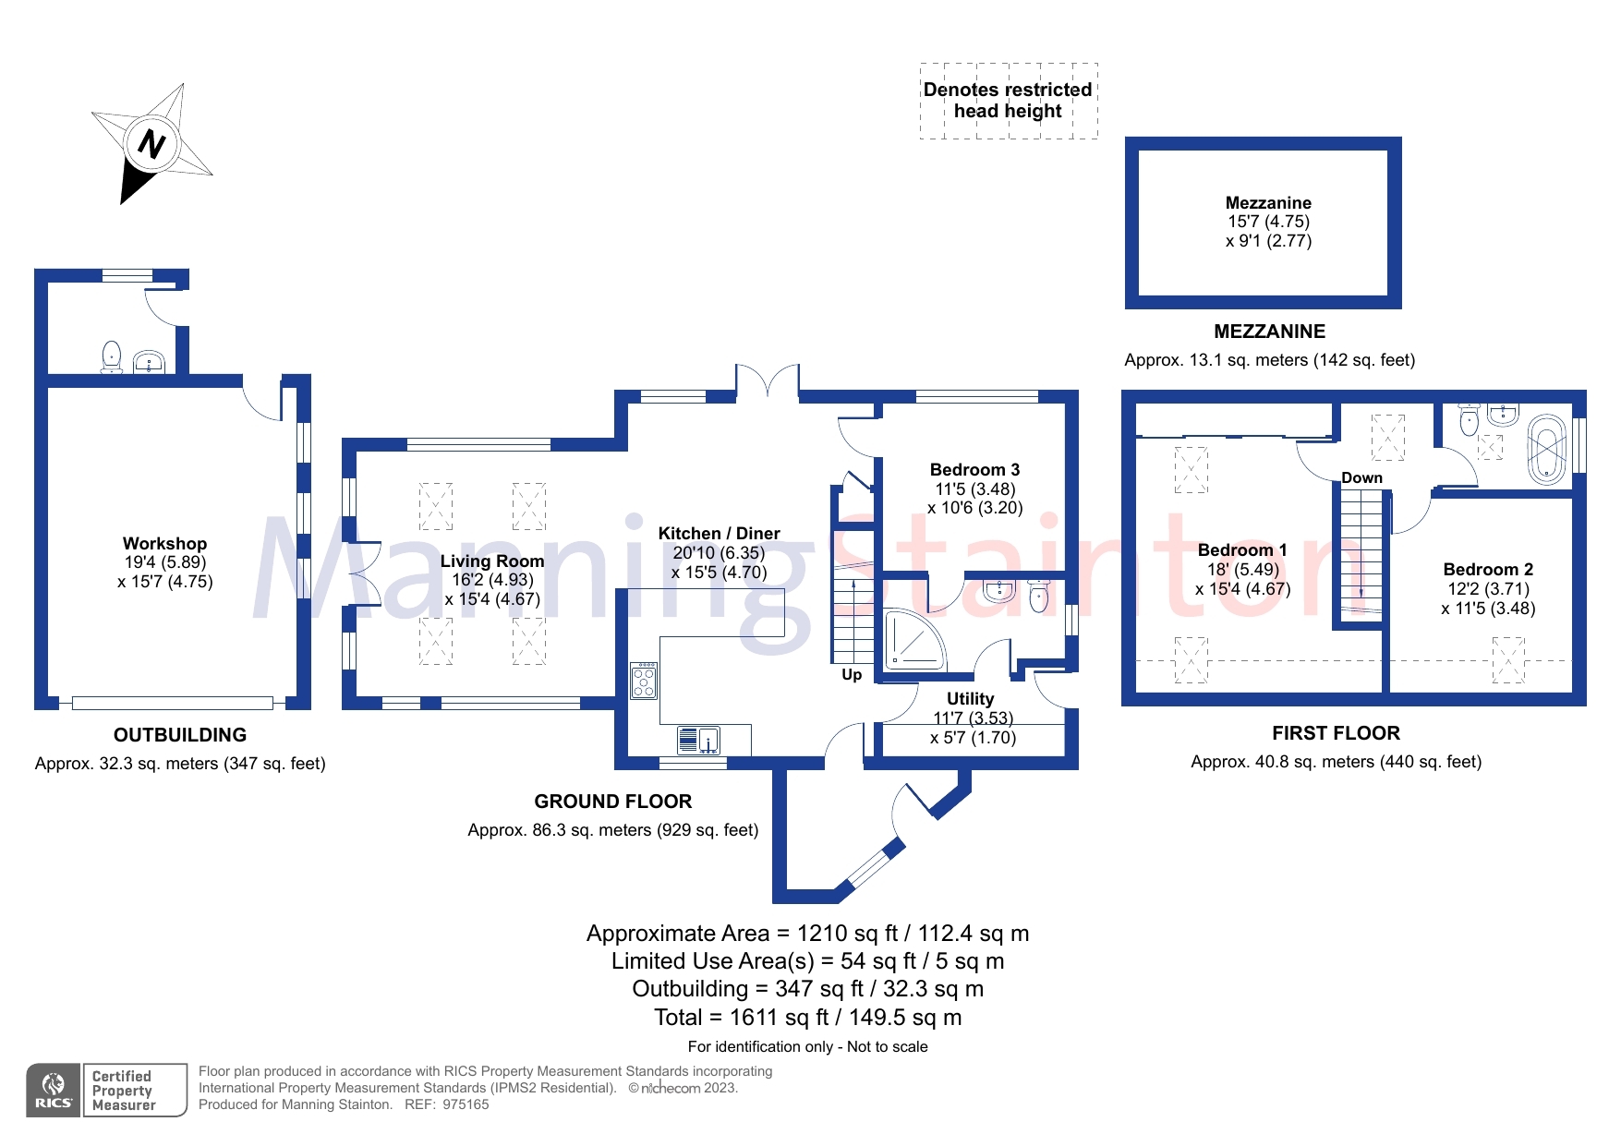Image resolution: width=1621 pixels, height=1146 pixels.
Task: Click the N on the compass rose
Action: tap(151, 144)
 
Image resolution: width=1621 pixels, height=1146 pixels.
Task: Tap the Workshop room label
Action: tap(164, 544)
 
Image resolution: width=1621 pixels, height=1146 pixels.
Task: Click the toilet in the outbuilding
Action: tap(112, 356)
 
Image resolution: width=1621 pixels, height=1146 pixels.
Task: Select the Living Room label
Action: tap(491, 561)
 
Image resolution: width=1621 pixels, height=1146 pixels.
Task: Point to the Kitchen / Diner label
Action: tap(719, 534)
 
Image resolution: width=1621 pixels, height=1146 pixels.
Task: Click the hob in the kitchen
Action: tap(644, 682)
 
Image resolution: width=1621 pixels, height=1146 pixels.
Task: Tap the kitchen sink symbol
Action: tap(699, 741)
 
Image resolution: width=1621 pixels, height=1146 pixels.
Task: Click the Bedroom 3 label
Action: tap(974, 470)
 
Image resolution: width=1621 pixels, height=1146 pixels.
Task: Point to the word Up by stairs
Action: tap(852, 675)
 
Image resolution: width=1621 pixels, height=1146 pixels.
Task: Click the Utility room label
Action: tap(970, 699)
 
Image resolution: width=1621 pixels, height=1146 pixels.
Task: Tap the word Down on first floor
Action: tap(1361, 477)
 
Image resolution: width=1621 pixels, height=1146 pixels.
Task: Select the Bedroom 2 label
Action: tap(1488, 570)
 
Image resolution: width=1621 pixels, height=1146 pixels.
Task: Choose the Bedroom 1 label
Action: tap(1241, 550)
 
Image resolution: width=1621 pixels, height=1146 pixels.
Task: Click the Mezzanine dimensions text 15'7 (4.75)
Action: tap(1268, 222)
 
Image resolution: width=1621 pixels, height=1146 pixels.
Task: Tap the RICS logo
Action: tap(54, 1091)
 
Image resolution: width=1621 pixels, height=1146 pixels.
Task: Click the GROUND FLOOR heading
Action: tap(612, 802)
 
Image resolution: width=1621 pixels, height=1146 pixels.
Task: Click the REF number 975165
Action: tap(466, 1104)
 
